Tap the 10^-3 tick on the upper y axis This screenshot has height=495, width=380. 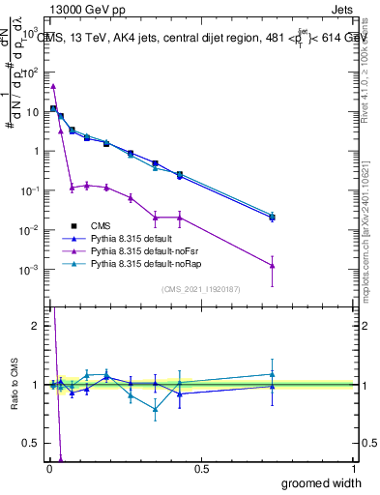tap(31, 269)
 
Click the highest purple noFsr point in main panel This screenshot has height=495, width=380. tap(53, 86)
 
